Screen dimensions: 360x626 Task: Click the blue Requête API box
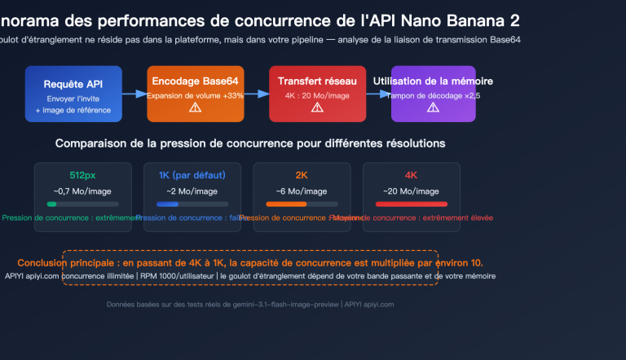tap(73, 94)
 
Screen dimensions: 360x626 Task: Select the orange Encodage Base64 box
tap(195, 94)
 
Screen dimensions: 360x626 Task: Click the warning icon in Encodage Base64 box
tap(195, 108)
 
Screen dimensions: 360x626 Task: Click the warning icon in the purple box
tap(433, 108)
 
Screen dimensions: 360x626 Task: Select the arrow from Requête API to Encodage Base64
tap(134, 94)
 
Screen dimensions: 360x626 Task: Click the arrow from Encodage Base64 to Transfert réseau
tap(256, 94)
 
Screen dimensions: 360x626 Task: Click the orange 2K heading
tap(302, 175)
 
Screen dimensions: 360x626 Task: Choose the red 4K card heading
tap(411, 175)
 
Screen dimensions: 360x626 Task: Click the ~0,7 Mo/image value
tap(82, 191)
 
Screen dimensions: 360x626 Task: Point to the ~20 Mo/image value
tap(411, 191)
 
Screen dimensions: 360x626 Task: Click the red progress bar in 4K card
tap(411, 204)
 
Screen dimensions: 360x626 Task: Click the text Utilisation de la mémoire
tap(433, 81)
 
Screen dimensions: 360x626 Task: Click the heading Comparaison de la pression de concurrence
tap(250, 143)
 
